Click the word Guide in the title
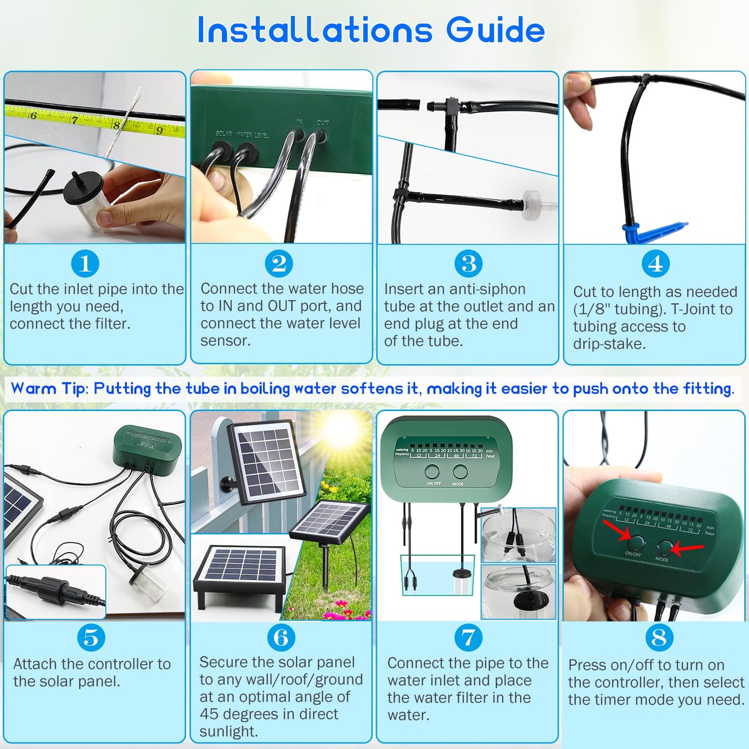coord(496,30)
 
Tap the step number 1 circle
coord(85,263)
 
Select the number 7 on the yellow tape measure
coord(75,120)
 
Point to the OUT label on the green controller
coord(322,123)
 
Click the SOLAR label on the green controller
coord(224,134)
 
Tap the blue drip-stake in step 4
coord(653,231)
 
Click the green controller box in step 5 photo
coord(147,445)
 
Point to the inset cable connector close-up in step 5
coord(56,591)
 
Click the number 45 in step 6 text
coord(209,714)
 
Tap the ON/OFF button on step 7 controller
coord(432,472)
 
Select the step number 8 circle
coord(659,638)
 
